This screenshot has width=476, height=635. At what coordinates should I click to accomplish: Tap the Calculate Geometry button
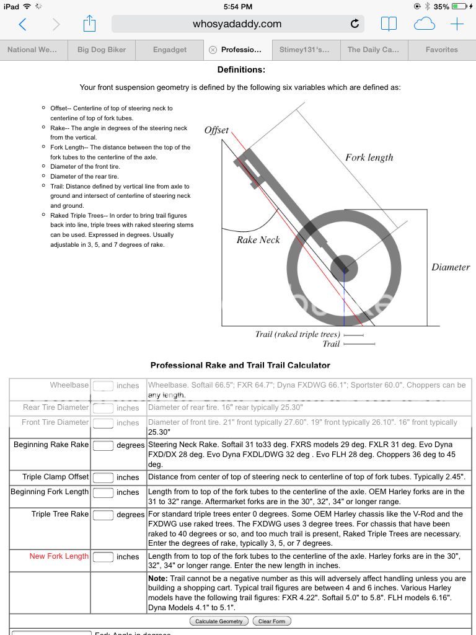(x=219, y=621)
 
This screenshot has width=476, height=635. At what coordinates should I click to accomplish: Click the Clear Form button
(x=272, y=621)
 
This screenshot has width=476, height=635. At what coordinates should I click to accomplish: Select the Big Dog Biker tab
(x=102, y=50)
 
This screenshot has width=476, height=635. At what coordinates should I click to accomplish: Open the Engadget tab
(x=170, y=50)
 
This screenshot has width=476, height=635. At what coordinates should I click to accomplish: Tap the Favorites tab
(x=442, y=50)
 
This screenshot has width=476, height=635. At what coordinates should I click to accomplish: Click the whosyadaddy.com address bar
(x=237, y=24)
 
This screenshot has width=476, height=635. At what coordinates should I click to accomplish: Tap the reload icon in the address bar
(x=355, y=24)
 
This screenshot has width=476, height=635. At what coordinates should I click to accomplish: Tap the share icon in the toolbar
(x=90, y=24)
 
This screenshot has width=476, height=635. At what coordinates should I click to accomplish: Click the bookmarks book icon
(x=389, y=24)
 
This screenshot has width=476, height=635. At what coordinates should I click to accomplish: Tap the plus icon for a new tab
(x=457, y=24)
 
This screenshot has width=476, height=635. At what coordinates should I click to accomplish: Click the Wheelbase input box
(x=103, y=386)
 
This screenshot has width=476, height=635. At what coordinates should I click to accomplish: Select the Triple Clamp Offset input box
(x=103, y=477)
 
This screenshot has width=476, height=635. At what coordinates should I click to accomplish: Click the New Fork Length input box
(x=103, y=556)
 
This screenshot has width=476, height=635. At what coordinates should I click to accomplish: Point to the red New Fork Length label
(x=59, y=556)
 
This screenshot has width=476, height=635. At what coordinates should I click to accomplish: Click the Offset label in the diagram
(x=216, y=131)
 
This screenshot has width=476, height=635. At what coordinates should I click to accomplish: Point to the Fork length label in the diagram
(x=369, y=158)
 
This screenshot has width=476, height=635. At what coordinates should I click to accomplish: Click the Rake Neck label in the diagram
(x=258, y=240)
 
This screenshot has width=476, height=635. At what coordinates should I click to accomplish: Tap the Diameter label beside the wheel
(x=451, y=267)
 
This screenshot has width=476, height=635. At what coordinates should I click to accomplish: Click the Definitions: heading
(x=241, y=70)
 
